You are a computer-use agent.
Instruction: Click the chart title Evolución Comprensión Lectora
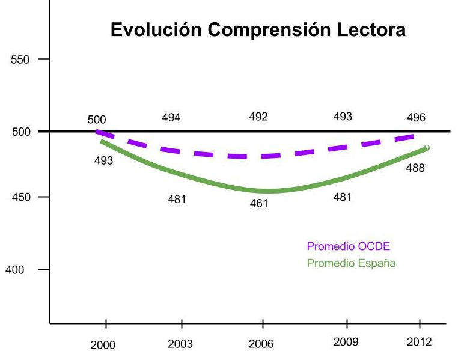coord(258,30)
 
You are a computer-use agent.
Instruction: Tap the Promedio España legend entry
coord(351,263)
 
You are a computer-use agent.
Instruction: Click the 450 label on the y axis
coord(22,197)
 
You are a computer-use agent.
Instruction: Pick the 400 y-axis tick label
coord(15,270)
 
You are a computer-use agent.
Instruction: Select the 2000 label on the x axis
coord(103,344)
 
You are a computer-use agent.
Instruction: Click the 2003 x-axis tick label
coord(180,344)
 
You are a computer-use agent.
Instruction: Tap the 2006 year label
coord(261,344)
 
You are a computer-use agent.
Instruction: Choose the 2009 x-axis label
coord(346,342)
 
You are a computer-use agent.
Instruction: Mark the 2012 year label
coord(419,342)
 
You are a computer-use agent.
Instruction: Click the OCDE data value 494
coord(171,118)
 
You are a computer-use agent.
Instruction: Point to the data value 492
coord(258,117)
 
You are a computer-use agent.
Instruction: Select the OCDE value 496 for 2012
coord(415,118)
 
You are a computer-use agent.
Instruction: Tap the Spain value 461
coord(259,204)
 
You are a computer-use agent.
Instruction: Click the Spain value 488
coord(415,168)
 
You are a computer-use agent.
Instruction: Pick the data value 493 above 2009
coord(343,117)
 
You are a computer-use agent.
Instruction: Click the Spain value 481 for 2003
coord(177,200)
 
